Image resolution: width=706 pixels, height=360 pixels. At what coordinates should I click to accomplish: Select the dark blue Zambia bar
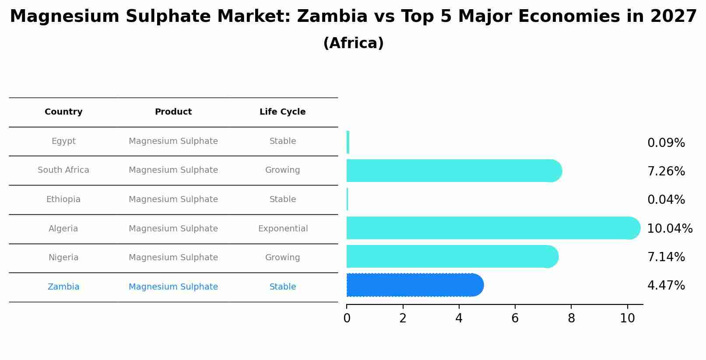point(411,285)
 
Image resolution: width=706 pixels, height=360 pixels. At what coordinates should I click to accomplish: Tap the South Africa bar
point(451,171)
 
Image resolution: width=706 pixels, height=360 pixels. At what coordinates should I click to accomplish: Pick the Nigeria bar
point(449,256)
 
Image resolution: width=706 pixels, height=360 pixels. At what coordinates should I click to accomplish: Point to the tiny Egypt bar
point(348,142)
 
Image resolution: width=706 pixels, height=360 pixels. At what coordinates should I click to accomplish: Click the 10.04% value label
point(669,228)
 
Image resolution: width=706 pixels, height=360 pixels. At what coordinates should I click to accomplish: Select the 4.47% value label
point(666,286)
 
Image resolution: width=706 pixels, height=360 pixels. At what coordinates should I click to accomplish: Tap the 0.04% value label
point(666,200)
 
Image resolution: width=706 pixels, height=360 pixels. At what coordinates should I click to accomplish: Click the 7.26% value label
point(666,171)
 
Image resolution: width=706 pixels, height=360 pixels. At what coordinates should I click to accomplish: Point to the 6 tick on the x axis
point(515,318)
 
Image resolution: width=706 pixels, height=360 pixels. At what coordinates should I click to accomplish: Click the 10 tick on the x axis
point(627,318)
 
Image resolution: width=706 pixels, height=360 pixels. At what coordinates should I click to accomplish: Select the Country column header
point(63,112)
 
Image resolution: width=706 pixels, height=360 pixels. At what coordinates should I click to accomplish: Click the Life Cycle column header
point(282,112)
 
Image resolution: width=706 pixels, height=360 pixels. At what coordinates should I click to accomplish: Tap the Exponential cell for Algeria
point(283,229)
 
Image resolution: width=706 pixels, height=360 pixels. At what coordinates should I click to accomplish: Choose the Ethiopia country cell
point(63,199)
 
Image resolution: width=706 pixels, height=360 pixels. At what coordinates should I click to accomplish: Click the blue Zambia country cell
point(63,287)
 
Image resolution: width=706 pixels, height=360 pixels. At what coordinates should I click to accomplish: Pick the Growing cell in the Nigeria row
point(282,258)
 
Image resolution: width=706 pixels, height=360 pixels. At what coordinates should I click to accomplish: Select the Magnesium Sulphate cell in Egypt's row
point(173,141)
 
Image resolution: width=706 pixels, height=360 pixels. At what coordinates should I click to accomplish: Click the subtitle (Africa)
point(353,43)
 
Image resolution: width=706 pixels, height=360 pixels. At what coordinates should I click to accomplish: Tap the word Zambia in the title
point(332,17)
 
